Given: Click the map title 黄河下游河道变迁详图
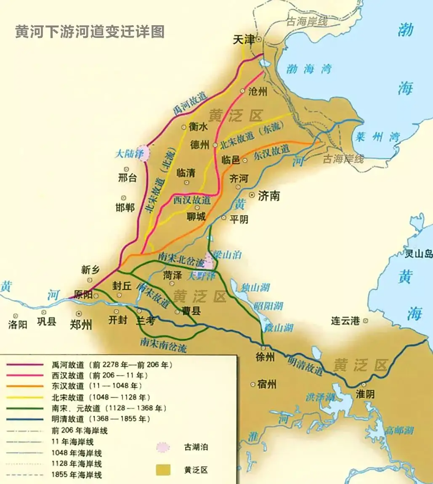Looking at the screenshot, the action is tap(90, 32).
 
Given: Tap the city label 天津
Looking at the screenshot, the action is tap(244, 40).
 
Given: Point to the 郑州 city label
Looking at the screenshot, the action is tap(81, 324).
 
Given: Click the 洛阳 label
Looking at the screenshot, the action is tap(18, 324).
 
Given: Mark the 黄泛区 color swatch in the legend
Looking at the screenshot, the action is tap(163, 470).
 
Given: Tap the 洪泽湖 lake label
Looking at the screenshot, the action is tap(321, 397).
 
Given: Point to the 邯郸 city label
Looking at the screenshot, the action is tap(125, 207).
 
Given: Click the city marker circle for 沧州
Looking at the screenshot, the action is tap(242, 90).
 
